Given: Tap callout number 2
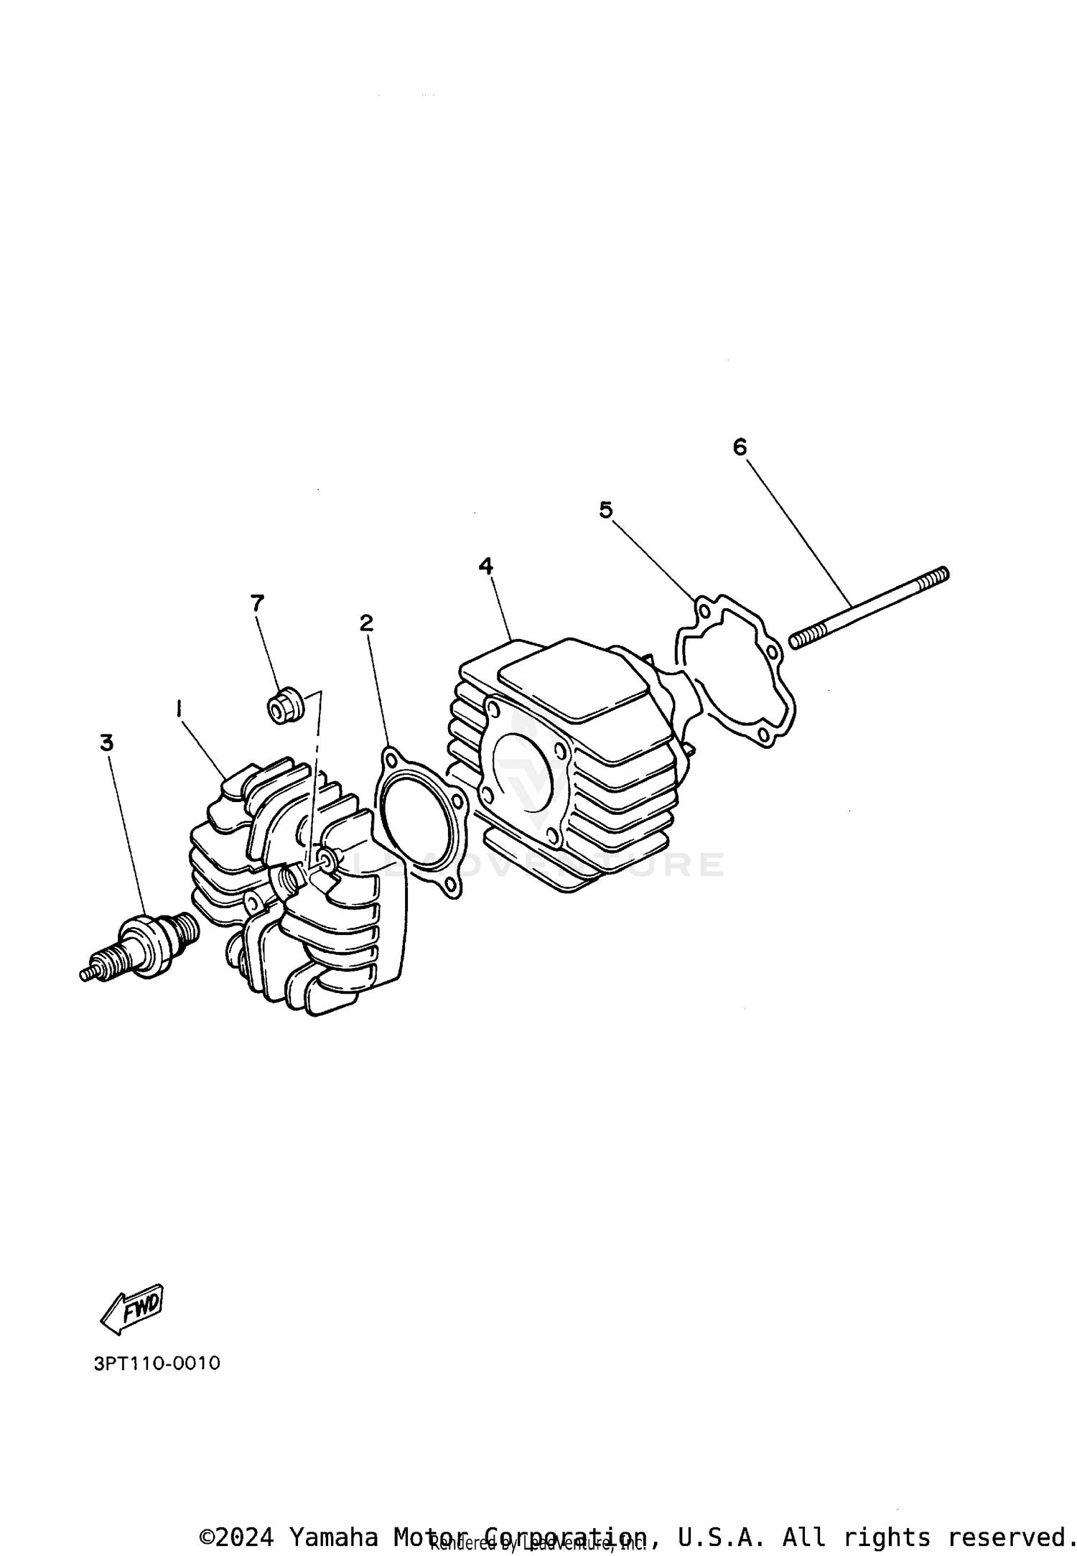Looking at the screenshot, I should tap(366, 623).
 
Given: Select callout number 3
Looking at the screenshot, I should tap(106, 742).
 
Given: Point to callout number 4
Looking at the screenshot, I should tap(486, 566).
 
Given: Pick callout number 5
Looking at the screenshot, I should tap(606, 510).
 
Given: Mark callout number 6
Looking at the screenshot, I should tap(740, 447).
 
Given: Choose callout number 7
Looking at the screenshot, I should tap(257, 603).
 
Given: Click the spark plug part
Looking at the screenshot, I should tap(140, 946).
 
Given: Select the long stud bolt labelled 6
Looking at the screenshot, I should tap(869, 605).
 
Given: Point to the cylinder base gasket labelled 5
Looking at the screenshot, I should tap(736, 671).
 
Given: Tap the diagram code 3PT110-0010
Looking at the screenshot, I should tap(157, 1363).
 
